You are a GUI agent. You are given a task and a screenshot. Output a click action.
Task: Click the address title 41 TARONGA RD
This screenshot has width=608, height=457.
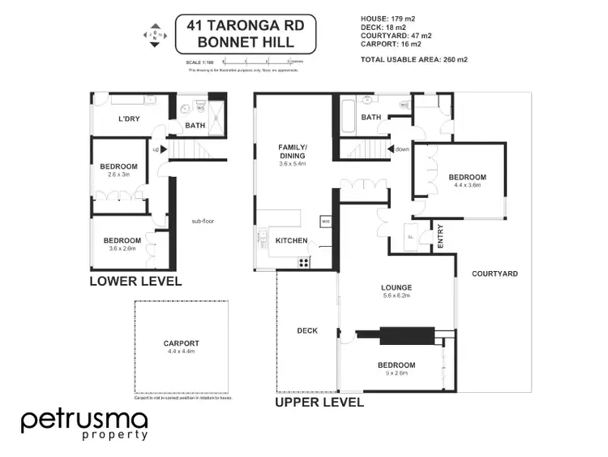[246, 24]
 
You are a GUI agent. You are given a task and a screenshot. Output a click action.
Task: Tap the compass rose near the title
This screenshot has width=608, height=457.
[154, 36]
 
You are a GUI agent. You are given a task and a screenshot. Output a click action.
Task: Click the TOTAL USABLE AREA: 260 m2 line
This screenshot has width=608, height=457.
[414, 59]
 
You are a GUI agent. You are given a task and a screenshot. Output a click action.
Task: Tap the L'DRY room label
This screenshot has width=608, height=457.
[130, 119]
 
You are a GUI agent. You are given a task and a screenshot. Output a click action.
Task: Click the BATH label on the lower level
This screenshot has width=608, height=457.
[195, 126]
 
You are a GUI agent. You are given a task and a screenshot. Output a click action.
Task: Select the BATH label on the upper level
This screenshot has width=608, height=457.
[371, 118]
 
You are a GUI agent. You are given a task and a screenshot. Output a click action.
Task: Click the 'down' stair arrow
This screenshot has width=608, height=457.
[399, 149]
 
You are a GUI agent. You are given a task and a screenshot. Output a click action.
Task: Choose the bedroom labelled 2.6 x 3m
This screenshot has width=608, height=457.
[119, 170]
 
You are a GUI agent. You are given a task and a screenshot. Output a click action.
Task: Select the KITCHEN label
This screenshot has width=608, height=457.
[291, 241]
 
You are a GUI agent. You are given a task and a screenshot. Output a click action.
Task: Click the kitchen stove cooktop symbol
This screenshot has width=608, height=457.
[304, 261]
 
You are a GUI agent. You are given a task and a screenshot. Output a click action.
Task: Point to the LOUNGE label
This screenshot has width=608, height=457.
[397, 287]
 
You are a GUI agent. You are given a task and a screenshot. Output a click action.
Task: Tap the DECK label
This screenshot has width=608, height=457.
[307, 330]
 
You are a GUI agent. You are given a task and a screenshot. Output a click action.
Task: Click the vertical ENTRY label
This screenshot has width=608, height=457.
[441, 236]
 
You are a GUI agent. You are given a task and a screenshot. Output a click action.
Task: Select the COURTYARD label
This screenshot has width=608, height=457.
[495, 274]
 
